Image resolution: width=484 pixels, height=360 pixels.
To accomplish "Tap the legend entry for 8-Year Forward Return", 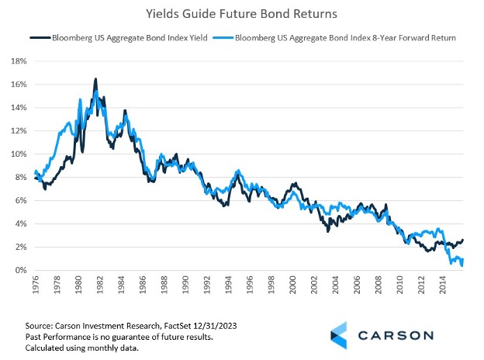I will [341, 37].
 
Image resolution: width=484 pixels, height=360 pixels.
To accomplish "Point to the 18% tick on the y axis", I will [19, 61].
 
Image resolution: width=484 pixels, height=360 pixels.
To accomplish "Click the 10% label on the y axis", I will [19, 154].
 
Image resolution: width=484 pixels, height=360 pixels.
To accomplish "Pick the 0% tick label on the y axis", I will [21, 270].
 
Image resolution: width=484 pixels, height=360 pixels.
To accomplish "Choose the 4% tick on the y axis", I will [21, 223].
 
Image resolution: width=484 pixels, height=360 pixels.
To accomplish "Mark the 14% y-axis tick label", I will [19, 107].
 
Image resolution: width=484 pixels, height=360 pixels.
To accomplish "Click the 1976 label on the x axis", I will [36, 286].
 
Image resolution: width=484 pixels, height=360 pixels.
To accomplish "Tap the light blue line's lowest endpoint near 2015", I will [462, 265].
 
